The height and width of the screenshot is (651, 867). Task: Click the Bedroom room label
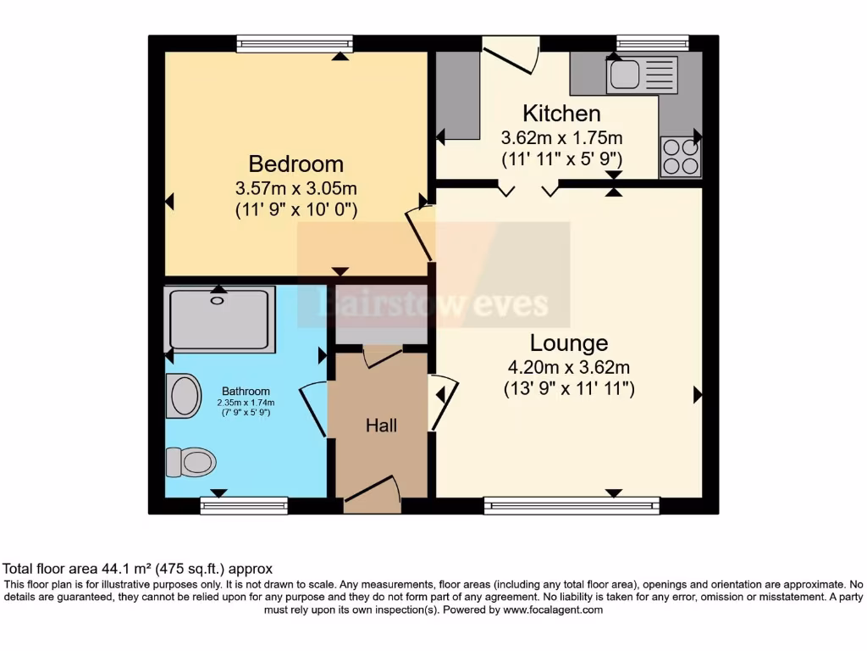click(295, 164)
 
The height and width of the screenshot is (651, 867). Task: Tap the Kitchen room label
click(561, 114)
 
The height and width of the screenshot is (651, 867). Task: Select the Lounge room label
click(569, 343)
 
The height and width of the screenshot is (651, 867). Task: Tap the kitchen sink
click(641, 74)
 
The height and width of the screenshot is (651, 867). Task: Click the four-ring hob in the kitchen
click(681, 156)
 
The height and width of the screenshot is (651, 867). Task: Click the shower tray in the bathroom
click(221, 320)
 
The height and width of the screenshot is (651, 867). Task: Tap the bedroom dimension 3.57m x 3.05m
click(295, 187)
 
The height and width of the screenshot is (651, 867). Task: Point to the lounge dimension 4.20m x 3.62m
click(569, 367)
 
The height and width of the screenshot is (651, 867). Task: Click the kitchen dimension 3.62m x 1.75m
click(561, 137)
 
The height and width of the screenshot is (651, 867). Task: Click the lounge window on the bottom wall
click(572, 506)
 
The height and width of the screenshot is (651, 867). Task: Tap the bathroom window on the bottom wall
click(244, 506)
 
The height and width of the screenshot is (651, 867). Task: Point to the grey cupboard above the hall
click(368, 315)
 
